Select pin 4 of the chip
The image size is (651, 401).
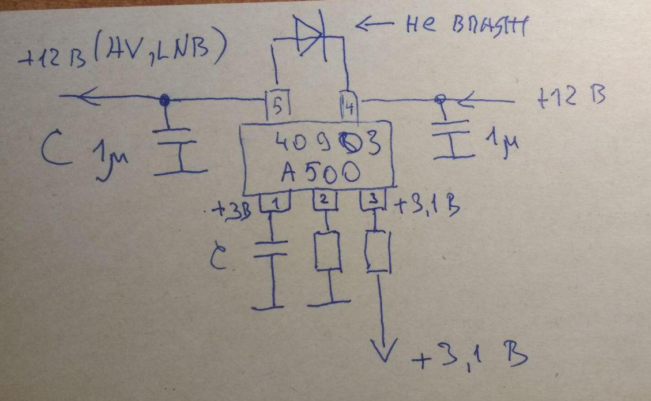coord(348,106)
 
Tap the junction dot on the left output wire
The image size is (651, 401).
coord(164,101)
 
